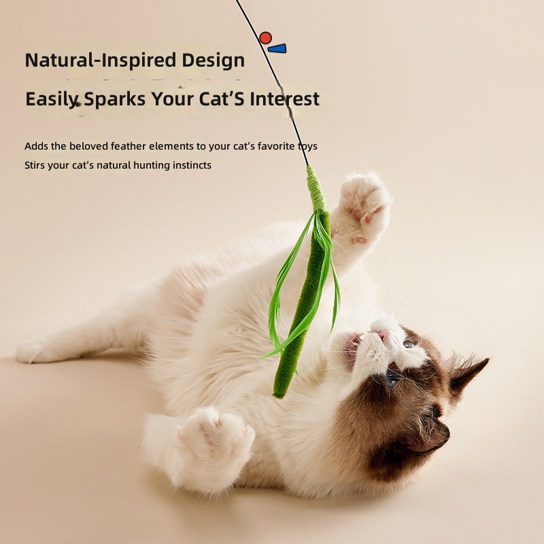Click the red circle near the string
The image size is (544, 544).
click(265, 37)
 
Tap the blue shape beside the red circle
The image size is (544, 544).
click(277, 48)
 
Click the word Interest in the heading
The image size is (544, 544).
click(284, 99)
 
